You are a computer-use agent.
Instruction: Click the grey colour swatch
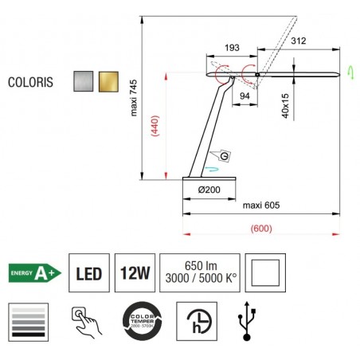84,81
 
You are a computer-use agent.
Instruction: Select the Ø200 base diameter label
209,190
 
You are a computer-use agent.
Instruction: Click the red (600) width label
259,228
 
